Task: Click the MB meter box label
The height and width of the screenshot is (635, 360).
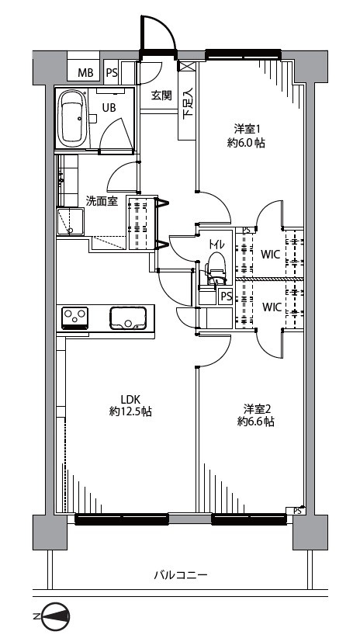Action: pyautogui.click(x=85, y=73)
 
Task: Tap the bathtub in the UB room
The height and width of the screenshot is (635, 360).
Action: pyautogui.click(x=72, y=119)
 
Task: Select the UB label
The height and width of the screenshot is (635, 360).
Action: pyautogui.click(x=109, y=108)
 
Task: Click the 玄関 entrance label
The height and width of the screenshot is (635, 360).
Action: pyautogui.click(x=161, y=95)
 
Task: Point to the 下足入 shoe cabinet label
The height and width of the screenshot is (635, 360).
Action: pyautogui.click(x=188, y=104)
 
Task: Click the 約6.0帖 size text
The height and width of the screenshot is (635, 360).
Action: pyautogui.click(x=246, y=143)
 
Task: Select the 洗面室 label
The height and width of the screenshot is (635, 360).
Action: pyautogui.click(x=102, y=201)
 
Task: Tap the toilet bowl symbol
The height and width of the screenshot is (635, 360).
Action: pyautogui.click(x=215, y=266)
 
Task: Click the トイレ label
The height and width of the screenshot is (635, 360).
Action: pyautogui.click(x=216, y=245)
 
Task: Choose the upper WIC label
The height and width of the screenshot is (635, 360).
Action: pyautogui.click(x=271, y=255)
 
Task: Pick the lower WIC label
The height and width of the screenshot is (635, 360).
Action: pyautogui.click(x=272, y=307)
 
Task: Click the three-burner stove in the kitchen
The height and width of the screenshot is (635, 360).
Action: pyautogui.click(x=74, y=317)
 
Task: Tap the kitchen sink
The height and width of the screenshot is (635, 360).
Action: pyautogui.click(x=128, y=318)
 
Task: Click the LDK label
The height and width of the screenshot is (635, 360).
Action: pyautogui.click(x=130, y=399)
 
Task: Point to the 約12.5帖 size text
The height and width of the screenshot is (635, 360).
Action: pyautogui.click(x=130, y=412)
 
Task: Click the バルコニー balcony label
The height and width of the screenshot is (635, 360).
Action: pyautogui.click(x=181, y=574)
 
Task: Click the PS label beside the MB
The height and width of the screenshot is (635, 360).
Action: pyautogui.click(x=112, y=73)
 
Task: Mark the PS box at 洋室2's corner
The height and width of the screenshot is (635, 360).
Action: pyautogui.click(x=296, y=511)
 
